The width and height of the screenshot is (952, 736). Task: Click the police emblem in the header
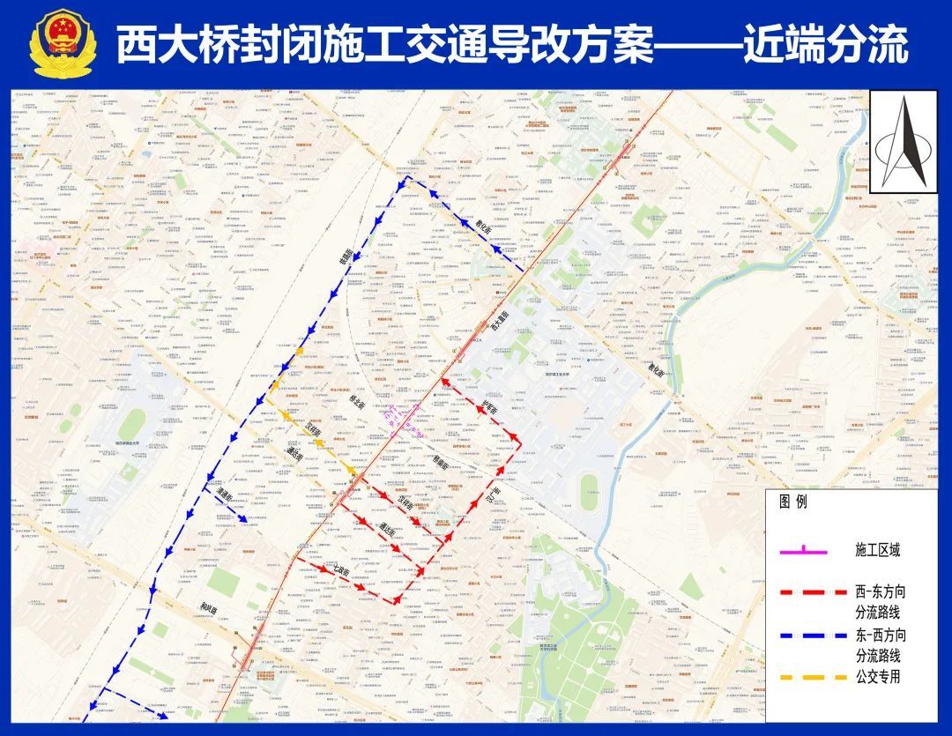click(61, 44)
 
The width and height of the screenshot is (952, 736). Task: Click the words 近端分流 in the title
click(824, 45)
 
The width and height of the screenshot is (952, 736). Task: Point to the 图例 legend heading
click(792, 502)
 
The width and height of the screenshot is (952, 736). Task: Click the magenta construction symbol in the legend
click(803, 551)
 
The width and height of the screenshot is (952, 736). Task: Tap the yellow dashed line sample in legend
click(803, 678)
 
